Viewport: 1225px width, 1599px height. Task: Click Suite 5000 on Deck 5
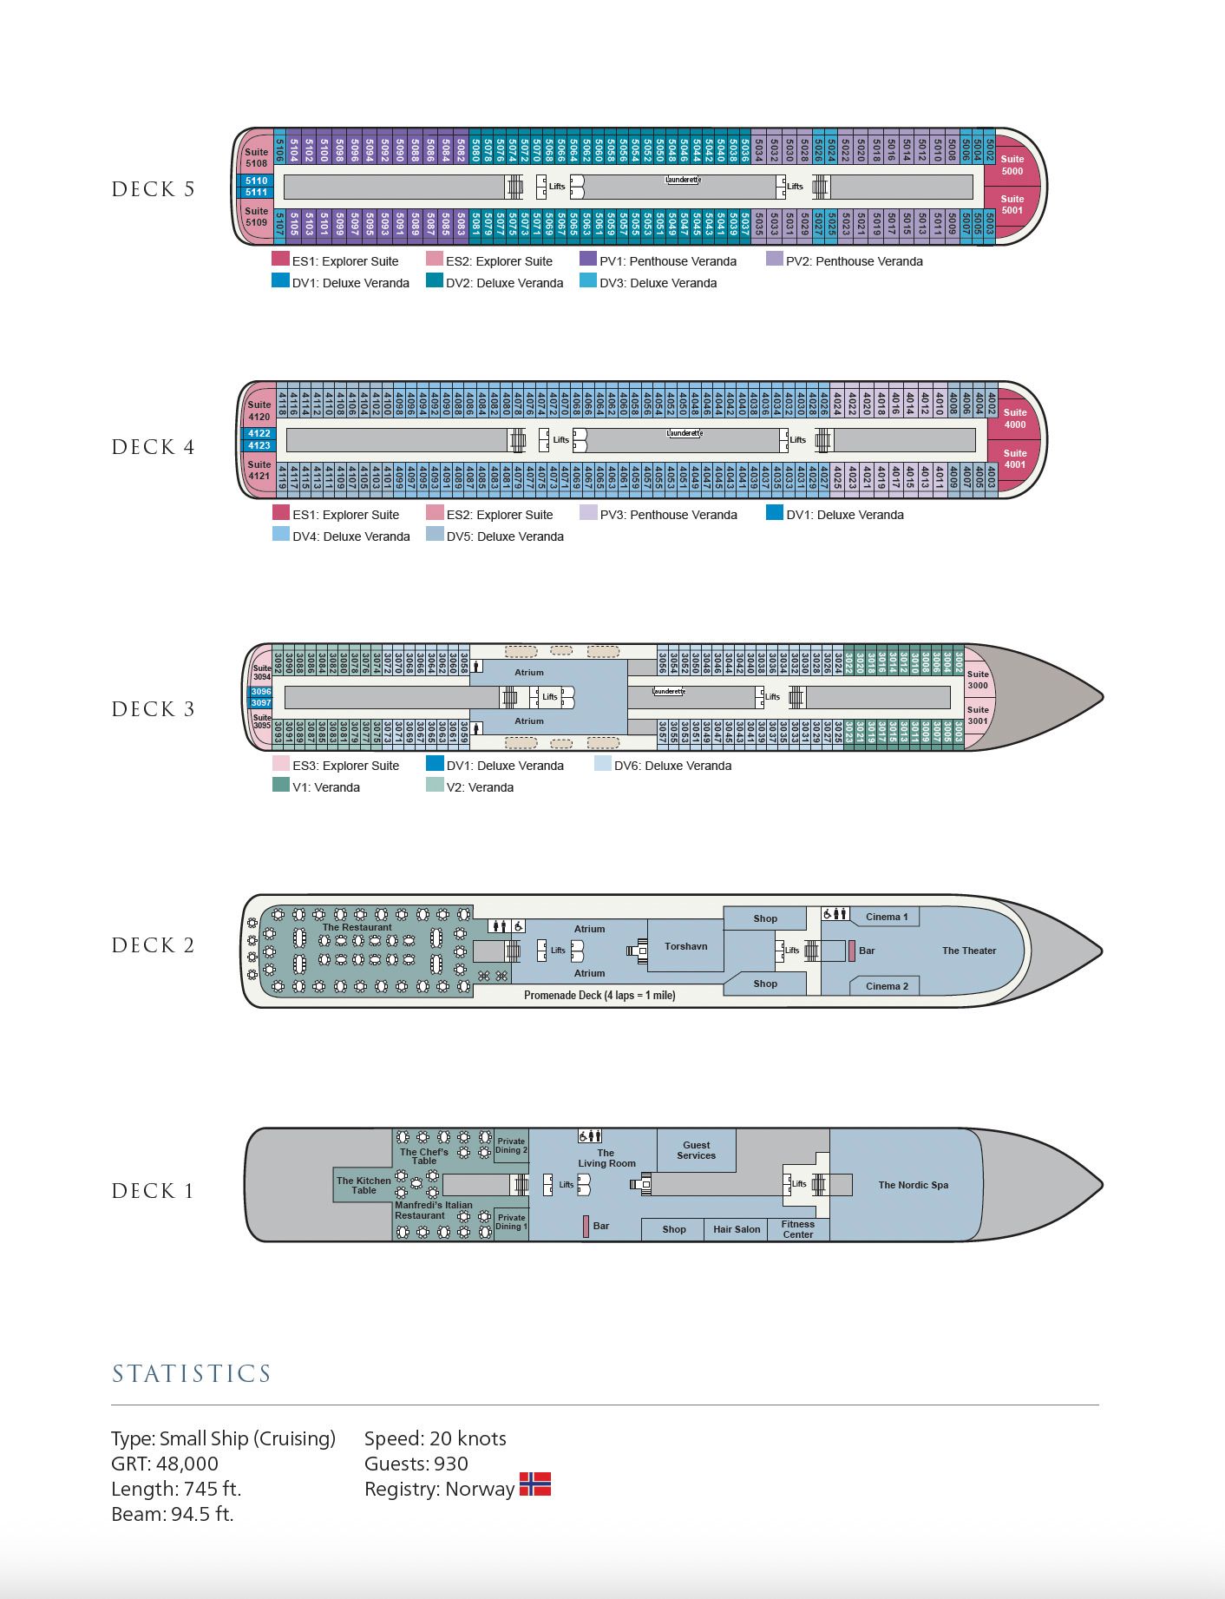(x=1012, y=165)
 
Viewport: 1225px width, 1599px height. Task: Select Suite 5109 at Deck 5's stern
(x=256, y=216)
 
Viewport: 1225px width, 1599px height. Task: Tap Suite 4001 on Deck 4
(x=1014, y=458)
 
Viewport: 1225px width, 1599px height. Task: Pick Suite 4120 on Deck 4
(x=259, y=411)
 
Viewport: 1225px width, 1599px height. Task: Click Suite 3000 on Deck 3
(x=977, y=680)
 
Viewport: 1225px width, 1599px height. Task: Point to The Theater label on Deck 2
(x=969, y=951)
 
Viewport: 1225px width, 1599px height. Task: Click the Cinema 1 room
(x=886, y=917)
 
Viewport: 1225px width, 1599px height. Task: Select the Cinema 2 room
(x=886, y=986)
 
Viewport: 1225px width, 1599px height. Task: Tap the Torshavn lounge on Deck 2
(x=685, y=946)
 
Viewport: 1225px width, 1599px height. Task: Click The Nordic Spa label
(x=913, y=1185)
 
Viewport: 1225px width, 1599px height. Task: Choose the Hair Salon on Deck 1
(x=737, y=1229)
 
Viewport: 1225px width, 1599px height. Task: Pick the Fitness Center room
(x=797, y=1229)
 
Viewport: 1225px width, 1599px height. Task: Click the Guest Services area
(x=696, y=1150)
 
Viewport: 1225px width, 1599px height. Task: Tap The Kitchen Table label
(x=364, y=1185)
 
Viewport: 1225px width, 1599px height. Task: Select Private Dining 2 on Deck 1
(x=511, y=1146)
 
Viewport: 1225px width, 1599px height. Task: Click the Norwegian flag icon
(x=535, y=1484)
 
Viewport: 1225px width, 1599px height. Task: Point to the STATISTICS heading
(x=192, y=1373)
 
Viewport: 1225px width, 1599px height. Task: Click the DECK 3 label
(x=153, y=709)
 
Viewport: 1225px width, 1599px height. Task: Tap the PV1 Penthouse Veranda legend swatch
(x=588, y=259)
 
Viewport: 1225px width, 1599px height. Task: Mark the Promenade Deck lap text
(x=599, y=996)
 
